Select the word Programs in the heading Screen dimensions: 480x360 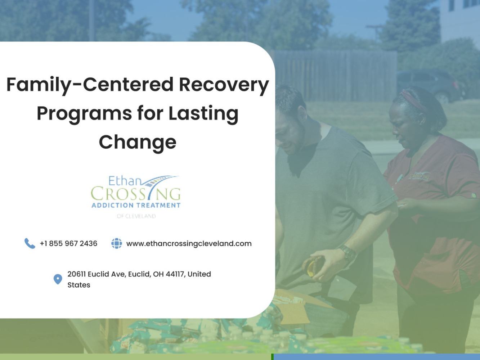84,114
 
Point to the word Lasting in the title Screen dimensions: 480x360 203,114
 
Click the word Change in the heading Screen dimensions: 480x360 138,142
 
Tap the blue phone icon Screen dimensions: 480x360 30,243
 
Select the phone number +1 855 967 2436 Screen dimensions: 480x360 68,243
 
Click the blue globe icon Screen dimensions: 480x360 117,243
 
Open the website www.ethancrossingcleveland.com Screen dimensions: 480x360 189,244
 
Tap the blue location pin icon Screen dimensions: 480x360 58,279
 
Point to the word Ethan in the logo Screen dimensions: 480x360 125,181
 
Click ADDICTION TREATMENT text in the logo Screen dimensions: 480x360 136,206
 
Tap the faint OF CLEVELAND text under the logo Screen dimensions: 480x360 136,216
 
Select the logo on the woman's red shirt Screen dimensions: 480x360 418,176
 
